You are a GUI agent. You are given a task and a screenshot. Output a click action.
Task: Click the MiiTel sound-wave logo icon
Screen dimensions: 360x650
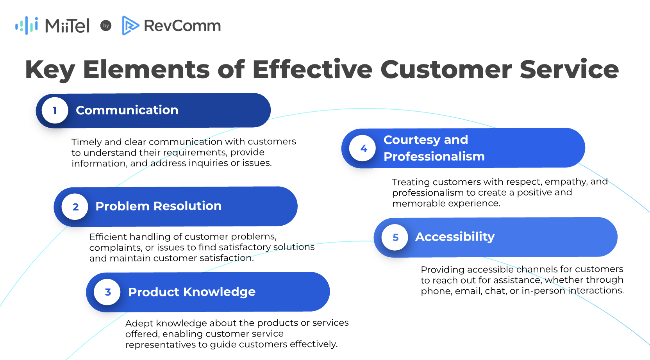tap(27, 25)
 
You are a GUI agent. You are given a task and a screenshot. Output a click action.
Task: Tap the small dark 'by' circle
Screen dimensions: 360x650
tap(106, 26)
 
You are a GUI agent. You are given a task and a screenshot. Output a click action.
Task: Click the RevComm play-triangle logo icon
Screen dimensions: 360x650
tap(130, 25)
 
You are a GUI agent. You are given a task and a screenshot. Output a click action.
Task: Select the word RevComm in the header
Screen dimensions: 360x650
tap(182, 26)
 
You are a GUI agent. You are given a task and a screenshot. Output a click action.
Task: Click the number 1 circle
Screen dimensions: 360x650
tap(55, 110)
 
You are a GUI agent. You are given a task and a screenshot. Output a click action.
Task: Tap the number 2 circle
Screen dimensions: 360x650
tap(75, 207)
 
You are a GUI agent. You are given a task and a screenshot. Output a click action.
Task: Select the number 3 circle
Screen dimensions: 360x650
tap(108, 292)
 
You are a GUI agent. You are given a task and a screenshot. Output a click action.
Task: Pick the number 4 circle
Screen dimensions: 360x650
tap(363, 148)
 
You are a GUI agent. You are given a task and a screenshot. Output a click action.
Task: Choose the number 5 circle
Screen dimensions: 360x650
tap(395, 237)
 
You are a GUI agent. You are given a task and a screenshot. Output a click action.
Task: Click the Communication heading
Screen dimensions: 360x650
tap(127, 110)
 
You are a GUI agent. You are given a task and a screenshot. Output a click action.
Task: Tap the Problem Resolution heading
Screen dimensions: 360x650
tap(158, 206)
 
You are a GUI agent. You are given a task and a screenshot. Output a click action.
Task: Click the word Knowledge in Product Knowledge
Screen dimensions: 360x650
tap(219, 292)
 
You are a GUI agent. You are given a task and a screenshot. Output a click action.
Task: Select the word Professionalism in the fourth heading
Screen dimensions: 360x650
tap(434, 156)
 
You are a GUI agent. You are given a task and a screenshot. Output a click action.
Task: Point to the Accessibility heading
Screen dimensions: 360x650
tap(455, 237)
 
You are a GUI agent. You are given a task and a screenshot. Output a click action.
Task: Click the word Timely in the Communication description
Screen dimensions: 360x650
tap(86, 142)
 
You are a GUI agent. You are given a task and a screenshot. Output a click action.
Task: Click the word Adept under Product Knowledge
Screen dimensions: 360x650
tap(139, 323)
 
